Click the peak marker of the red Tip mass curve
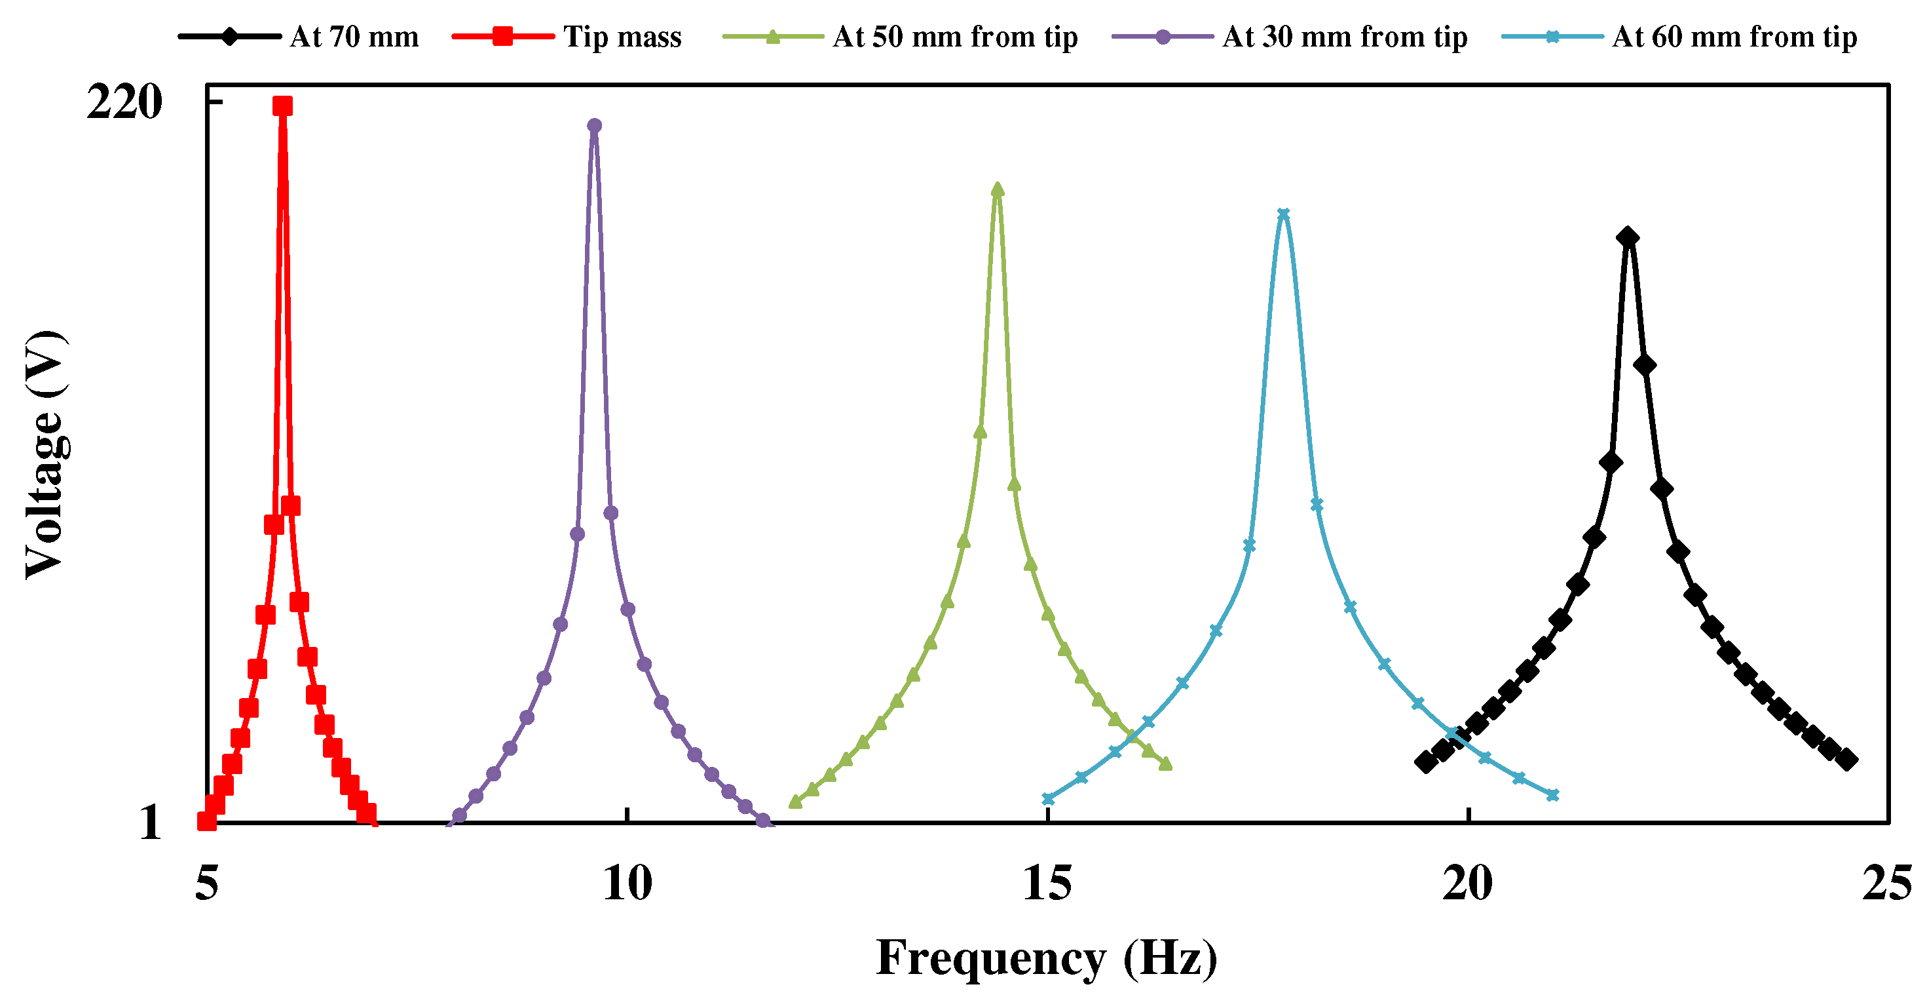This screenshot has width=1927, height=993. [x=282, y=106]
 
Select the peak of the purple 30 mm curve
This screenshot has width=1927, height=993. [x=594, y=125]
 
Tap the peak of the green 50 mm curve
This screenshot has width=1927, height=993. [x=997, y=189]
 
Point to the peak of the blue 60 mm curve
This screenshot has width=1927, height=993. [x=1284, y=214]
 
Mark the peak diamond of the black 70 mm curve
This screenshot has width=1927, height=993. [x=1628, y=238]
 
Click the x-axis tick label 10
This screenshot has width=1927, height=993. [x=627, y=884]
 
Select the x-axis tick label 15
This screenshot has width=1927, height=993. [x=1047, y=884]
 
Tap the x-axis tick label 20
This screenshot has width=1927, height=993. [x=1468, y=884]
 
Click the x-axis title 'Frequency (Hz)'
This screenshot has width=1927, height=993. [x=1047, y=958]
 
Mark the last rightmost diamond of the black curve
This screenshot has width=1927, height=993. [x=1847, y=760]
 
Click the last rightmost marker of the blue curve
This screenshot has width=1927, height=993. [x=1552, y=794]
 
